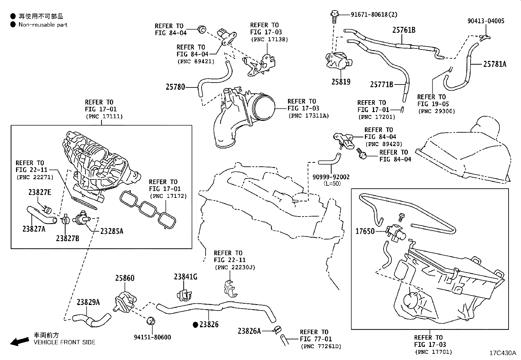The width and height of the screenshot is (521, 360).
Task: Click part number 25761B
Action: pyautogui.click(x=404, y=30)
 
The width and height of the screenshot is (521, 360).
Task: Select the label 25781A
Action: pyautogui.click(x=494, y=64)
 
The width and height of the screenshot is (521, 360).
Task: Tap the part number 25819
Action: pyautogui.click(x=341, y=82)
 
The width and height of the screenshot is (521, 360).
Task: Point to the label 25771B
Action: pyautogui.click(x=381, y=85)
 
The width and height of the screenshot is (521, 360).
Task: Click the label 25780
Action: pyautogui.click(x=175, y=87)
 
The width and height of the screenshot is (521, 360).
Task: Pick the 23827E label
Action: pyautogui.click(x=40, y=192)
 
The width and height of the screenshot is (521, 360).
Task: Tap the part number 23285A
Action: pyautogui.click(x=112, y=231)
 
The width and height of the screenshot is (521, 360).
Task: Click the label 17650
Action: pyautogui.click(x=365, y=232)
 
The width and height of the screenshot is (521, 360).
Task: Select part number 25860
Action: pyautogui.click(x=124, y=278)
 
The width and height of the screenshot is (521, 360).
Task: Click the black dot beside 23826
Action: pyautogui.click(x=196, y=325)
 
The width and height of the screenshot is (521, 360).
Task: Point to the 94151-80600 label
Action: pyautogui.click(x=152, y=337)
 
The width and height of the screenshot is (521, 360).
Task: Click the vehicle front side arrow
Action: pyautogui.click(x=19, y=342)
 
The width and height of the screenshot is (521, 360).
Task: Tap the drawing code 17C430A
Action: pyautogui.click(x=502, y=353)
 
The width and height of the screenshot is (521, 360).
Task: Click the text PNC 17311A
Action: pyautogui.click(x=308, y=116)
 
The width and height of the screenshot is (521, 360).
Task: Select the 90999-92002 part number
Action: pyautogui.click(x=331, y=177)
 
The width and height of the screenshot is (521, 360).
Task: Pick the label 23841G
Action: pyautogui.click(x=185, y=277)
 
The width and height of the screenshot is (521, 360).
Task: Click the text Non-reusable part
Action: pyautogui.click(x=43, y=25)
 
